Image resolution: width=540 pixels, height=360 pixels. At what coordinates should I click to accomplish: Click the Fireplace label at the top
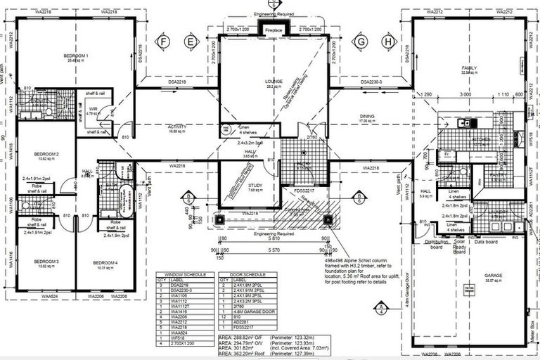pos(274,30)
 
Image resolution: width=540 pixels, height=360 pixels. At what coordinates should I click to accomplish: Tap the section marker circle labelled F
pos(164,41)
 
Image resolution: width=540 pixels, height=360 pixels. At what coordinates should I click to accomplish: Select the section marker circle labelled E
pos(190,41)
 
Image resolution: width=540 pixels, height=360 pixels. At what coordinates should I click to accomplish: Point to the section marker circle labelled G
pos(361,41)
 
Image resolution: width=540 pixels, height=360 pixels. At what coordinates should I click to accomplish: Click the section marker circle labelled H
pos(387,41)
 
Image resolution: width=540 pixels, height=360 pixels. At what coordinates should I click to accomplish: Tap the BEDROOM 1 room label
pos(76,56)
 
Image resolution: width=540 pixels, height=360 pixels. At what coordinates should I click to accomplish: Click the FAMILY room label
pos(469,68)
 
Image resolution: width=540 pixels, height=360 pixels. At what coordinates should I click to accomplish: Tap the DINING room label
pos(367,116)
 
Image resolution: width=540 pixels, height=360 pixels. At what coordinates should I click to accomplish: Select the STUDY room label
pos(255,185)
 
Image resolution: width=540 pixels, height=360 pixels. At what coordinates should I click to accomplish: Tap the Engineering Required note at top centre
pos(274,13)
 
